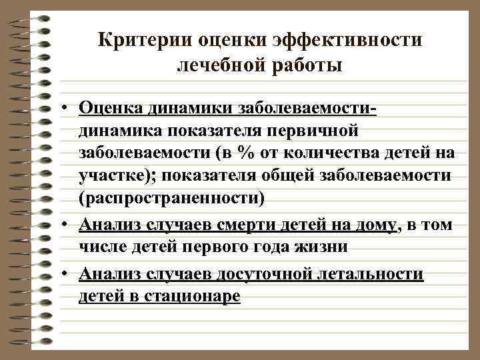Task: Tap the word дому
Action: pos(376,224)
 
